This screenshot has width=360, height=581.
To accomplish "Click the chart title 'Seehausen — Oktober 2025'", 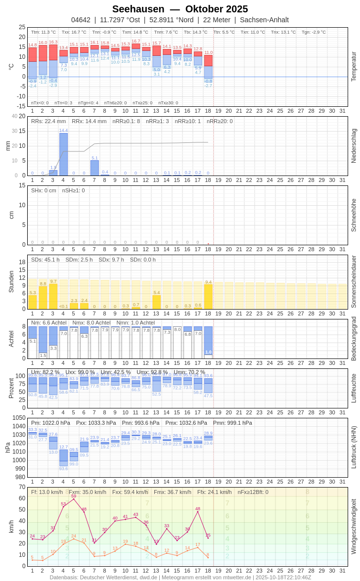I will pos(180,9).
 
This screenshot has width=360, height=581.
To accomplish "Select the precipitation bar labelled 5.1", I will pos(94,168).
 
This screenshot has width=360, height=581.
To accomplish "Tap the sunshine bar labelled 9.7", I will pos(53,296).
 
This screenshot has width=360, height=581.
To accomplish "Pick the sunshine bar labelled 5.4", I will pos(157,302).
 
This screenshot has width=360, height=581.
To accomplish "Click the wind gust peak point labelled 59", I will pos(74,499).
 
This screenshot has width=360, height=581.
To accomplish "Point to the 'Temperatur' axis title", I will pos(354,67).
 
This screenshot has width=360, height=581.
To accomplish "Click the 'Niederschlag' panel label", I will pos(354,146).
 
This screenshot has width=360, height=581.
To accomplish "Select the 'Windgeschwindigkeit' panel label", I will pos(354,526).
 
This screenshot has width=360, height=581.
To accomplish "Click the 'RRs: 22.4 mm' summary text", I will pos(48,121).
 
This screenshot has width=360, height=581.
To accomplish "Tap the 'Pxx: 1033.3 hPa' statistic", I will pos(96,423).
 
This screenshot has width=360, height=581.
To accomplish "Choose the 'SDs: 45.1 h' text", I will pos(45,260).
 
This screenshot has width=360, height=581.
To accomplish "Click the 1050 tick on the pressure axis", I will pos(19,418).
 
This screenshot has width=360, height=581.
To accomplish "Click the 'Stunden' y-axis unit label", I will pos(11,281).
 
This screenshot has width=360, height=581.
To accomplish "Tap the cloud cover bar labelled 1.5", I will pos(43,342).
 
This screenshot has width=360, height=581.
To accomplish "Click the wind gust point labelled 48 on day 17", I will pos(198,511).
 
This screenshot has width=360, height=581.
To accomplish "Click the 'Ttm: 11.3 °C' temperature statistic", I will pos(44,32).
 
